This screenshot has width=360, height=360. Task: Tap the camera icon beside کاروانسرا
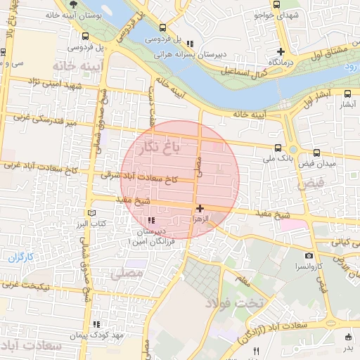click(309, 256)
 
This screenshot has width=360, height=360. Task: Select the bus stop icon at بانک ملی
click(279, 148)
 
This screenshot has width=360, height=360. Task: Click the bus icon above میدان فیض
click(316, 152)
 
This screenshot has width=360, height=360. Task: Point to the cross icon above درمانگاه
click(281, 51)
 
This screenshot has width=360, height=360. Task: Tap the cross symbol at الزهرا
click(200, 208)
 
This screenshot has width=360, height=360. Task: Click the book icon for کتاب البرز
click(89, 212)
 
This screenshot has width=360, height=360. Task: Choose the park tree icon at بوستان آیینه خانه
click(64, 4)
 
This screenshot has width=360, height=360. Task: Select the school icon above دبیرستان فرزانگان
click(151, 221)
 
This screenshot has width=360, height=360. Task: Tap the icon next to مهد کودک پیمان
click(96, 324)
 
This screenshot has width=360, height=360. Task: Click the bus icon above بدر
click(348, 337)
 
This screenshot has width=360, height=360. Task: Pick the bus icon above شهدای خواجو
click(274, 5)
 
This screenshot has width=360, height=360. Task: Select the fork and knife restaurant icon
click(256, 351)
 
